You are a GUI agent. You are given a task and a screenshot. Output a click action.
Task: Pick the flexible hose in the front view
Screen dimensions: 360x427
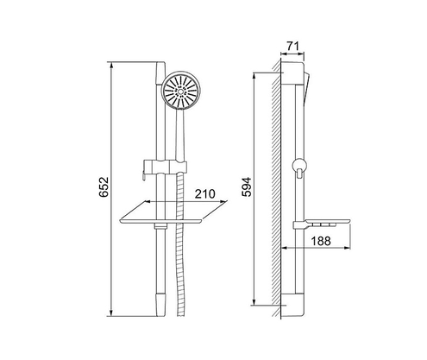point(179,259)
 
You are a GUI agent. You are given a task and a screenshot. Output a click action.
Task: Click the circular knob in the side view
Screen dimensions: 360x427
point(298,165)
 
